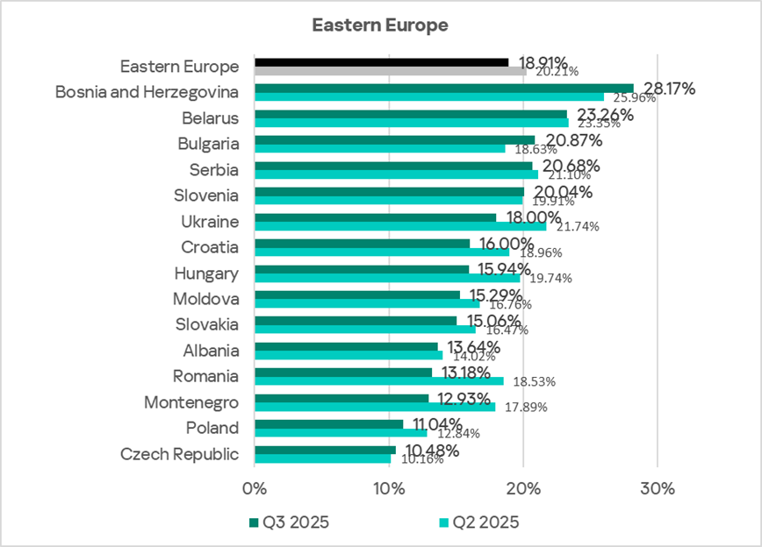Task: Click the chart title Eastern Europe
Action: [380, 25]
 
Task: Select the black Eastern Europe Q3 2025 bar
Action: [381, 62]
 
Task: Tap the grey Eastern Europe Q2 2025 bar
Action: [390, 71]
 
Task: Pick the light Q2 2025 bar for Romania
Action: [378, 381]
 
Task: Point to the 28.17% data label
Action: [670, 88]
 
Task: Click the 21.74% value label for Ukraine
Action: [574, 226]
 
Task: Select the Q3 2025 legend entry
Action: [290, 522]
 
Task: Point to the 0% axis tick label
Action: [255, 487]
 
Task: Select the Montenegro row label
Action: [191, 402]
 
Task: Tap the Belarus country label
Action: [210, 117]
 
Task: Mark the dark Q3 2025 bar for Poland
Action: [328, 424]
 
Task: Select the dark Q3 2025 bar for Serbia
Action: [393, 166]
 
